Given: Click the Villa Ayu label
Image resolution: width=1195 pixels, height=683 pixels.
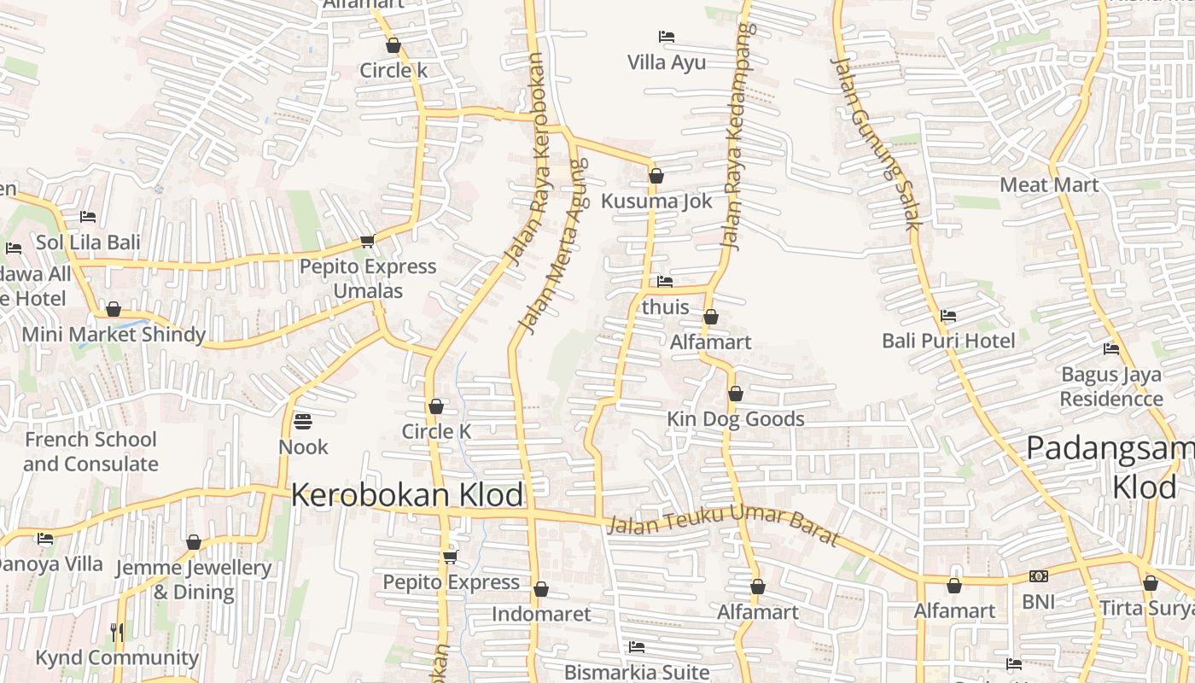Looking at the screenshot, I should (x=667, y=62).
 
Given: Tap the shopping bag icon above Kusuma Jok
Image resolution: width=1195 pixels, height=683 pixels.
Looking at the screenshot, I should (x=656, y=176).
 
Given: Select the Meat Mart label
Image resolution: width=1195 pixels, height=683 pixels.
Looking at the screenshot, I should (x=1049, y=184).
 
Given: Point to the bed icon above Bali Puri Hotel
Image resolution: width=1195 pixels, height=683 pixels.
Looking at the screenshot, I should (x=947, y=316).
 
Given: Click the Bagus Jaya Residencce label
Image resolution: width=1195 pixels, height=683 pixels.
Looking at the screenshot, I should (x=1111, y=387).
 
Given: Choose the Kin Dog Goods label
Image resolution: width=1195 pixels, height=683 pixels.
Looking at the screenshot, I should (x=735, y=419).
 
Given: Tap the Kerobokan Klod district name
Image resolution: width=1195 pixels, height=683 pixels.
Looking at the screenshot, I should (x=407, y=495).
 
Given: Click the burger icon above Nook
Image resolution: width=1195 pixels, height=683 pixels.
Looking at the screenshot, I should (x=302, y=421).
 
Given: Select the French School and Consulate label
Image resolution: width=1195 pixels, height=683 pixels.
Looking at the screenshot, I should (x=90, y=452).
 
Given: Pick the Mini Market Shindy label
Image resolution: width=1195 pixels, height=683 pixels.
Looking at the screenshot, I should (x=114, y=334).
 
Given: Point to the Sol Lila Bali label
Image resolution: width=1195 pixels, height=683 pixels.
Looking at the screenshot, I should (x=88, y=242).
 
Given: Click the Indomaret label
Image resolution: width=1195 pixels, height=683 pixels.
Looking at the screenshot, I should (x=541, y=614).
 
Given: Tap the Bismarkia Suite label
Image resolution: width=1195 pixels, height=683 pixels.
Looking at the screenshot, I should (x=637, y=672).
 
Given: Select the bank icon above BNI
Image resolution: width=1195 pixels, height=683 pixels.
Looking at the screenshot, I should (x=1038, y=576).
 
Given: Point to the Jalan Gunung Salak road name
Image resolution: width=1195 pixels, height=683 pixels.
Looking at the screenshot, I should (x=876, y=143).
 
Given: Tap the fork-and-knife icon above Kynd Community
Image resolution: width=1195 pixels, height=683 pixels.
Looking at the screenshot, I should (x=117, y=632).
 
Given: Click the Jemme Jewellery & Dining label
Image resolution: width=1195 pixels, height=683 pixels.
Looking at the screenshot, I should (x=193, y=580).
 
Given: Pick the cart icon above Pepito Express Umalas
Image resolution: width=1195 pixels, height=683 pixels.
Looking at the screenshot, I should (x=367, y=242).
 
